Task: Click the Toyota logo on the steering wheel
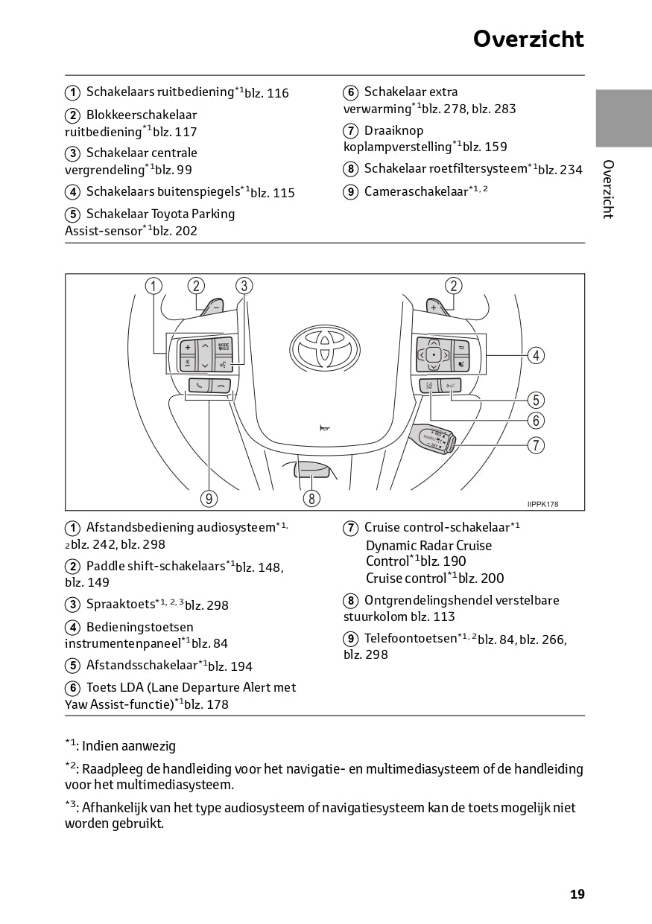[324, 347]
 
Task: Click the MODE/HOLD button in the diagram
[223, 347]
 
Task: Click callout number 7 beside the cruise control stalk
[535, 445]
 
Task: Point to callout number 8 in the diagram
[311, 498]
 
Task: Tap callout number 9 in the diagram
[209, 498]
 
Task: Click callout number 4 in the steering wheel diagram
[535, 355]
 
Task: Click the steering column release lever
[311, 469]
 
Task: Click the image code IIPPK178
[542, 504]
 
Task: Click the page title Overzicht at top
[528, 39]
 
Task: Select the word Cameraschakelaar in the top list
[416, 192]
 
